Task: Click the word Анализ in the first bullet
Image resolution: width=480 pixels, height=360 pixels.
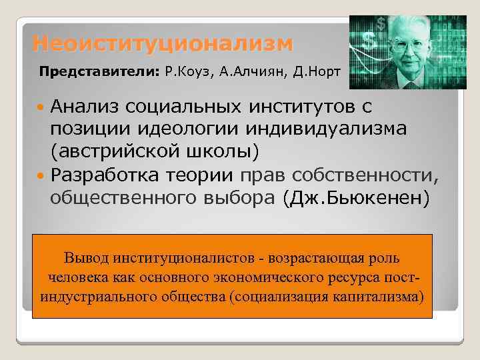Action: point(91,107)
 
